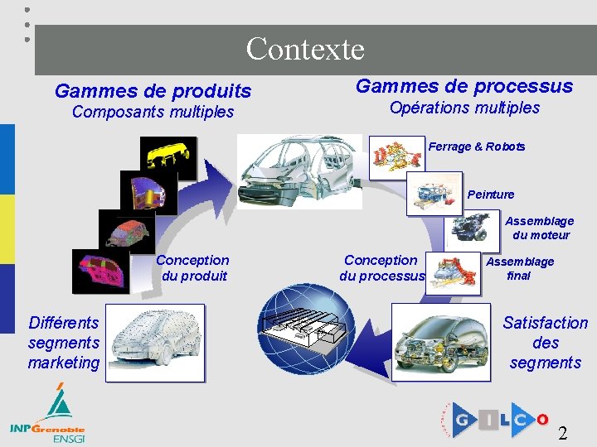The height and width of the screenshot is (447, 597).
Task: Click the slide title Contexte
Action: click(x=305, y=49)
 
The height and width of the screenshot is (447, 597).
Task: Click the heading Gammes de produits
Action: click(x=153, y=90)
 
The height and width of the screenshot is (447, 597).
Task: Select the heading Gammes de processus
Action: click(x=464, y=86)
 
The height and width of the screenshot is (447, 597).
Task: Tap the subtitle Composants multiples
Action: click(x=153, y=112)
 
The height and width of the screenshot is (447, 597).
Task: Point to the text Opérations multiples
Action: click(x=464, y=108)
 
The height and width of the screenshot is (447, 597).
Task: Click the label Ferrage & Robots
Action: click(x=477, y=147)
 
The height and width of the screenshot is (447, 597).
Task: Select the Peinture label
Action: click(x=491, y=195)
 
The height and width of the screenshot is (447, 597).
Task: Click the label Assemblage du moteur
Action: click(x=540, y=228)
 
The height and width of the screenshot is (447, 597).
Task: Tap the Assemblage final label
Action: click(x=519, y=268)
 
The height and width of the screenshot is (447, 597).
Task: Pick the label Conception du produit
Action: click(x=193, y=267)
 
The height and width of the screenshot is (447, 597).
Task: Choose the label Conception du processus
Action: click(x=381, y=267)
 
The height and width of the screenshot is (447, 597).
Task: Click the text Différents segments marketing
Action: click(x=64, y=343)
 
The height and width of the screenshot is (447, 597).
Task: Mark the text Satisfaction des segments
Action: click(x=545, y=343)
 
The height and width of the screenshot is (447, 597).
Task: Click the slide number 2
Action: click(x=563, y=432)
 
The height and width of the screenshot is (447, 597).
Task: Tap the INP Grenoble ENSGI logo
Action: click(x=49, y=417)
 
